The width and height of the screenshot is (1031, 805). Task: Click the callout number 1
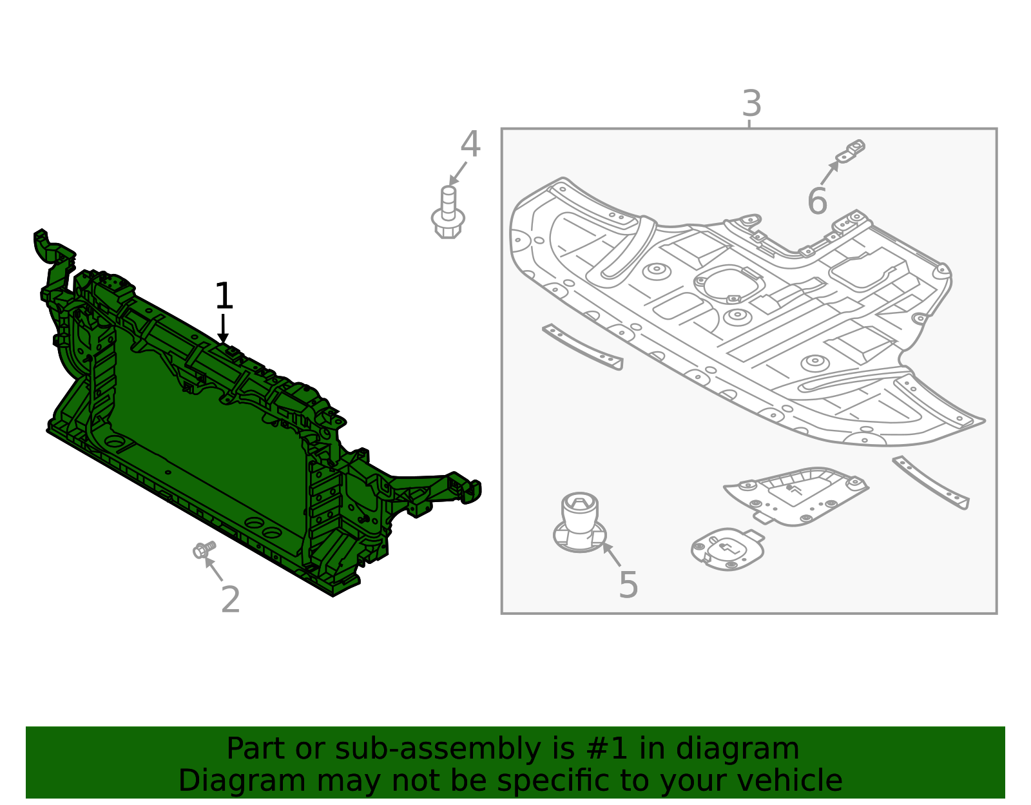click(224, 296)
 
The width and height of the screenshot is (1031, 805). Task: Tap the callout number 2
click(231, 599)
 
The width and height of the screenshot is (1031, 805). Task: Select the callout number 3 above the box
click(751, 103)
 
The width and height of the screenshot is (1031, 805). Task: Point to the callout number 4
click(470, 144)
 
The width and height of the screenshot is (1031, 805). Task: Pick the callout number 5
click(628, 585)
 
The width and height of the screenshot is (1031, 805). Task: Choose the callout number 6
click(817, 201)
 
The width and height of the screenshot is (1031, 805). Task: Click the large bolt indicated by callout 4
click(448, 212)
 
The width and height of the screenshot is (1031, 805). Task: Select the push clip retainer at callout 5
click(579, 522)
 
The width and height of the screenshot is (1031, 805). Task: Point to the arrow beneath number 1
click(223, 329)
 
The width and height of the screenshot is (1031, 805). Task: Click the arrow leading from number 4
click(458, 173)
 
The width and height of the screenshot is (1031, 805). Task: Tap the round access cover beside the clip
click(727, 549)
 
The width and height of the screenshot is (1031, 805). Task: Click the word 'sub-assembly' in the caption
click(438, 749)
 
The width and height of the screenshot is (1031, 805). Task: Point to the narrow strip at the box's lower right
click(931, 483)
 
